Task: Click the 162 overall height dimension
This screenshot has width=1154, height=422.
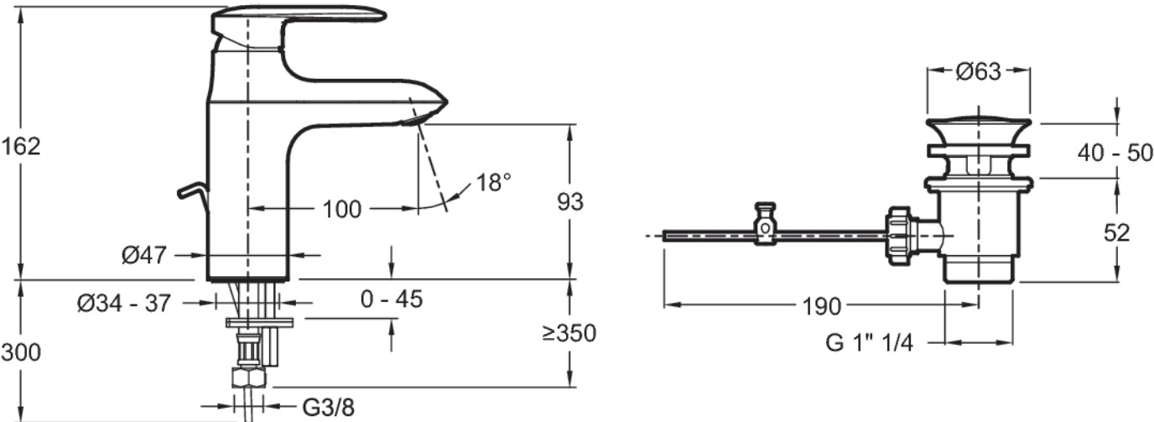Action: [21, 147]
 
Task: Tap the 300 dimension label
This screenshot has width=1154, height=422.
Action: [21, 353]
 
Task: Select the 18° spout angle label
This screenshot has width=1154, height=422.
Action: [493, 182]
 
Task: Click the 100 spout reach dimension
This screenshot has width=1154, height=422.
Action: [342, 209]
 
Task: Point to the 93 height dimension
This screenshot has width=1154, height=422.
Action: [570, 202]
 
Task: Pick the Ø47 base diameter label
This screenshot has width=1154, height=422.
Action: [144, 255]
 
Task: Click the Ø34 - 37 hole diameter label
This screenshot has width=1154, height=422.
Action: [123, 304]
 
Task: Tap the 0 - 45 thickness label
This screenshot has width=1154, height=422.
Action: [392, 299]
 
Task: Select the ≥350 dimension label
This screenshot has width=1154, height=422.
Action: [569, 333]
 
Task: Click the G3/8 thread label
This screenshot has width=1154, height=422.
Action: [328, 408]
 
